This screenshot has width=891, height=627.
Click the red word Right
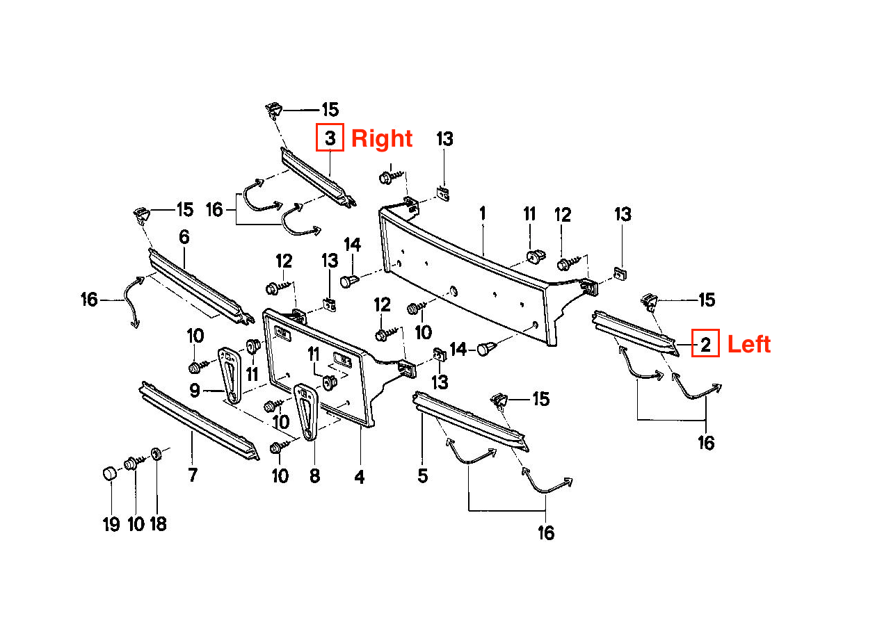tap(382, 138)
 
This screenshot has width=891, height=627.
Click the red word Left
tap(749, 344)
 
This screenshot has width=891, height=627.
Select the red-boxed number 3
tap(330, 138)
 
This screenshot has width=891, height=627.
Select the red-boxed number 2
tap(705, 345)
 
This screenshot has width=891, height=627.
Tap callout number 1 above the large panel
tap(483, 213)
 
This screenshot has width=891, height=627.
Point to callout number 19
tap(111, 523)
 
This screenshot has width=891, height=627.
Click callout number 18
tap(158, 523)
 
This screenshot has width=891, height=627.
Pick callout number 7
tap(193, 475)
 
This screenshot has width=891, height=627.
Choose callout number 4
tap(359, 477)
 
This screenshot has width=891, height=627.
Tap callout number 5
tap(423, 476)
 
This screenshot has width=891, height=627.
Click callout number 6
tap(184, 237)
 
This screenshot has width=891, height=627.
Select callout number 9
tap(195, 390)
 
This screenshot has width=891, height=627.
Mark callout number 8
tap(314, 476)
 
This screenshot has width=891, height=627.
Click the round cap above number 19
tap(108, 473)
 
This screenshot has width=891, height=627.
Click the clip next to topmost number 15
tap(275, 110)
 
